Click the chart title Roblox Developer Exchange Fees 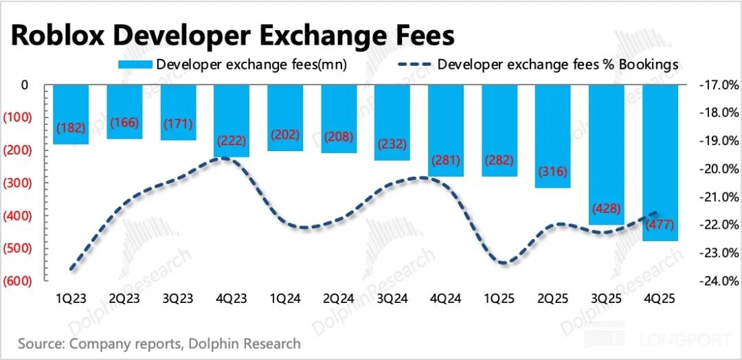pos(232,36)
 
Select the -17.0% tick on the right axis pos(717,85)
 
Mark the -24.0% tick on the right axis pos(717,280)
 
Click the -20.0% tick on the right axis pos(717,169)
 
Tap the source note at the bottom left pos(159,343)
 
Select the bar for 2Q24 pos(339,117)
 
